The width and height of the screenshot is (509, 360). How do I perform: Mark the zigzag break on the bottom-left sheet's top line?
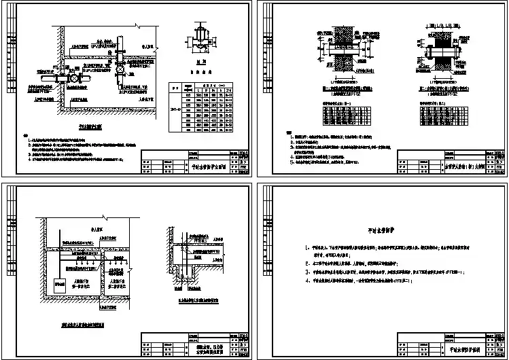click(x=134, y=202)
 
